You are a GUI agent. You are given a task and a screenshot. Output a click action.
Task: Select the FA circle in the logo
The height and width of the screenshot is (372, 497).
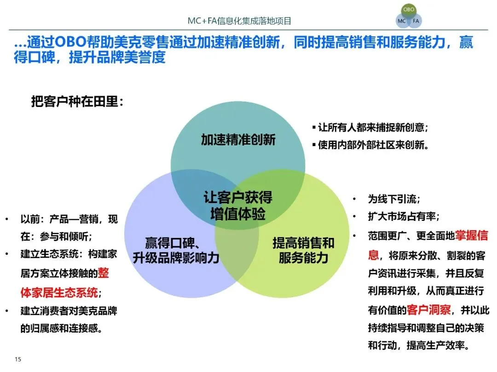(416, 21)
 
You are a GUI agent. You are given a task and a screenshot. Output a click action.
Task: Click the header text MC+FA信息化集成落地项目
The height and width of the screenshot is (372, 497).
(239, 21)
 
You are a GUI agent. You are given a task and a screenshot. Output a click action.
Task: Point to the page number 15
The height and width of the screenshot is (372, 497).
(18, 359)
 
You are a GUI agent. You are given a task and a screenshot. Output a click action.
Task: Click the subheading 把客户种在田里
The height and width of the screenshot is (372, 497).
(77, 101)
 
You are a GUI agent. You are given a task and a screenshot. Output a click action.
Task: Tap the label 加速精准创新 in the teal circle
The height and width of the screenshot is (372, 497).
(238, 140)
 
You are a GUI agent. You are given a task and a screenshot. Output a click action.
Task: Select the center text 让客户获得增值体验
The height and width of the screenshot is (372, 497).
(238, 206)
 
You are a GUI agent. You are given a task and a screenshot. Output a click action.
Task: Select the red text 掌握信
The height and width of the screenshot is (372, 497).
(471, 236)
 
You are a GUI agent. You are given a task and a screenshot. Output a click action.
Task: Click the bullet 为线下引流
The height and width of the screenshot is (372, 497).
(393, 199)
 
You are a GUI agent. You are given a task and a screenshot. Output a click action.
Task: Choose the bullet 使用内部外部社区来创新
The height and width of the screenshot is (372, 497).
(373, 145)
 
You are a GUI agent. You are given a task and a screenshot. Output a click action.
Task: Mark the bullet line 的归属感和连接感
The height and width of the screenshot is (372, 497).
(61, 328)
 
